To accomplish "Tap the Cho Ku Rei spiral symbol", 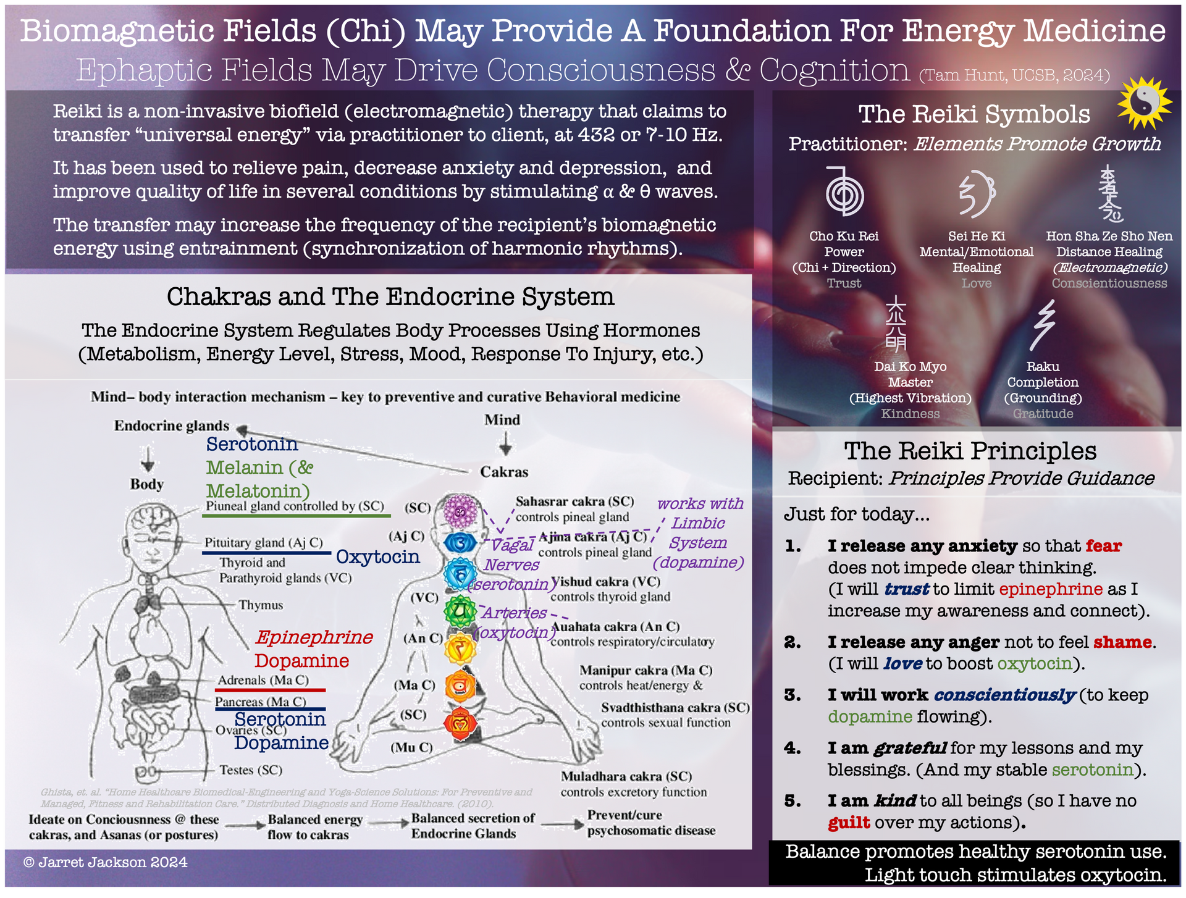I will click(844, 193).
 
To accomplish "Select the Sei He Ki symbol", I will click(977, 194).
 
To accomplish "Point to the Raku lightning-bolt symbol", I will click(1044, 325).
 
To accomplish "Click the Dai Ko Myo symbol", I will click(896, 324).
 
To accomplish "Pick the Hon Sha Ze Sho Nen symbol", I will click(1110, 193).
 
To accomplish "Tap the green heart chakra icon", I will click(460, 611).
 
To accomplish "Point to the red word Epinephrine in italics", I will click(314, 637).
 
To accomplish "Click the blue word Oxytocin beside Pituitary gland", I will click(377, 556).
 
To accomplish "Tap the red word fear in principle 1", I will click(1103, 546).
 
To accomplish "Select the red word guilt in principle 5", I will click(849, 823).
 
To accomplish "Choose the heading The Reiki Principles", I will click(970, 451).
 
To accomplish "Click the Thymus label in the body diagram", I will click(261, 605).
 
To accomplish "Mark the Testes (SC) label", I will click(251, 770).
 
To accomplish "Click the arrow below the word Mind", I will click(505, 443).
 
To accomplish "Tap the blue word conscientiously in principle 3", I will click(1005, 695).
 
